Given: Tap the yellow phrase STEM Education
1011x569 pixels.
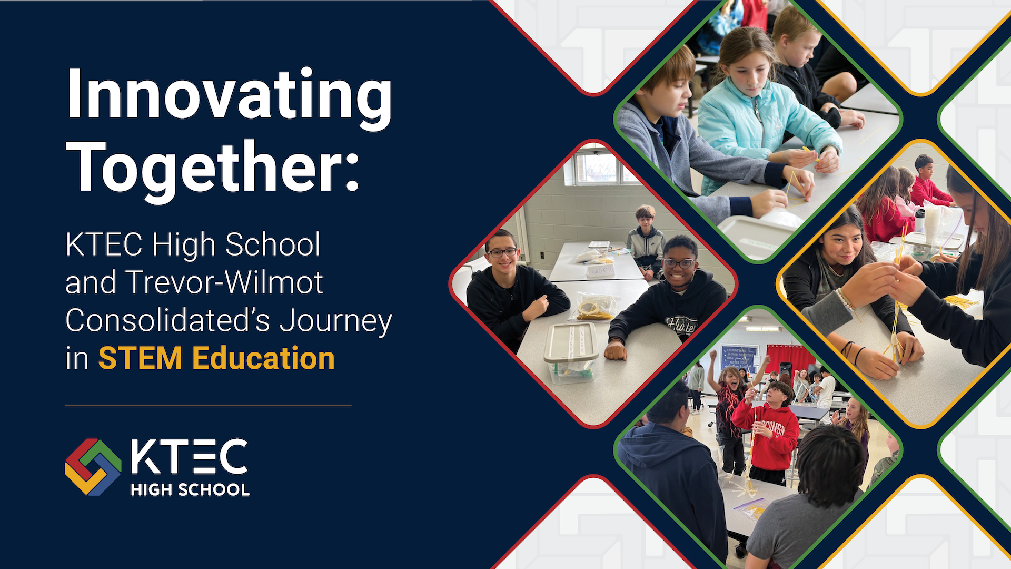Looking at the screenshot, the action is (216, 359).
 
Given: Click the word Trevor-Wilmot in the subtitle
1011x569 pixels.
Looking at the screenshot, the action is (225, 282).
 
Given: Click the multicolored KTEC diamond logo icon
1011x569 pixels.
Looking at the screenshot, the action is (93, 467).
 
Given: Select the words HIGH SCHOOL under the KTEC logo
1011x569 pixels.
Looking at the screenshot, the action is (190, 490).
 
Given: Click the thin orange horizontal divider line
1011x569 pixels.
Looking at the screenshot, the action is (208, 406).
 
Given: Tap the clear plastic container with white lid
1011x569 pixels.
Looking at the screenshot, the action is (571, 352).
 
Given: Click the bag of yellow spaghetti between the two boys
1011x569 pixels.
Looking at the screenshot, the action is (595, 307).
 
